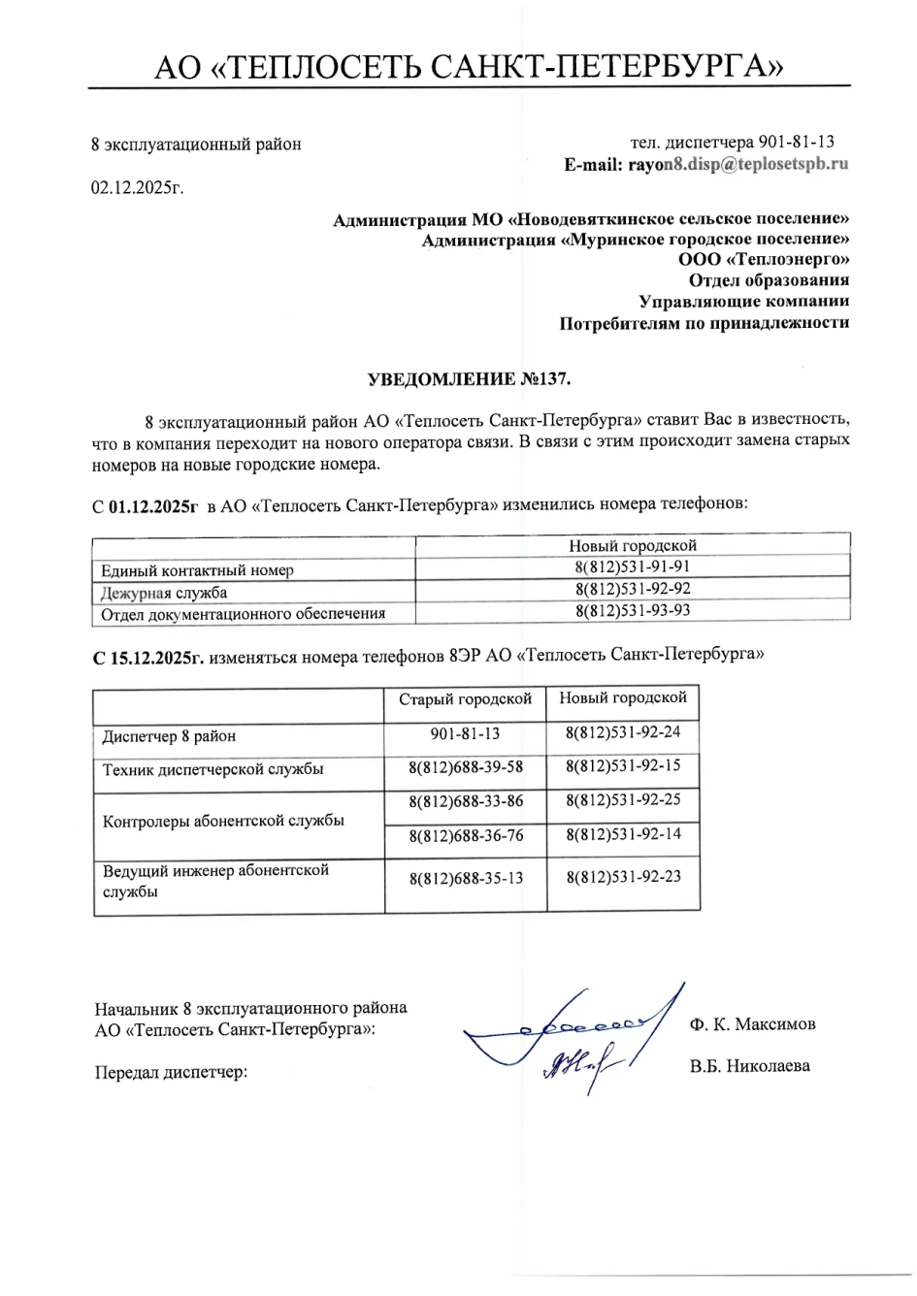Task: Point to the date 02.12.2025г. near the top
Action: pos(137,187)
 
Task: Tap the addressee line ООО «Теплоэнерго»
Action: pos(764,260)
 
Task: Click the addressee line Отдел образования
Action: pos(776,281)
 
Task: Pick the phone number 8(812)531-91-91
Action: pos(633,567)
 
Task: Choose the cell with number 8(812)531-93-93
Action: pos(633,611)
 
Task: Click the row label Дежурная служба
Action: pos(165,592)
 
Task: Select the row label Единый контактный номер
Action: pos(197,570)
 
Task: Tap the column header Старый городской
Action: pos(465,698)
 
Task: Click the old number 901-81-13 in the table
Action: pos(465,734)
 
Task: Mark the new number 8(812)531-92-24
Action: pos(623,732)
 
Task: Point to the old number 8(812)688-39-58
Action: pos(466,767)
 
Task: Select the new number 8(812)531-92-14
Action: pos(623,834)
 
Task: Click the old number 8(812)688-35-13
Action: pos(466,878)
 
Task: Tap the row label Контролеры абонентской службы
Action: pos(223,820)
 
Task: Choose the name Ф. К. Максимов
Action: pos(753,1024)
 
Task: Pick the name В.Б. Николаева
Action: pos(750,1066)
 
